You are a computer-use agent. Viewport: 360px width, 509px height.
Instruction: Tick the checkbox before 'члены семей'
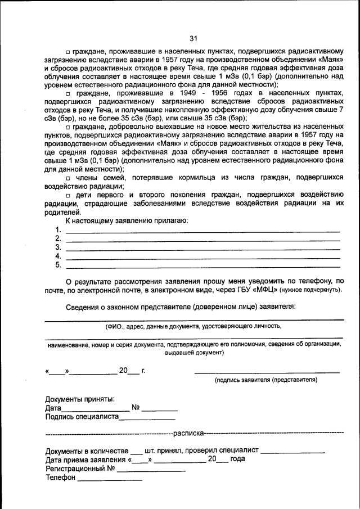67,178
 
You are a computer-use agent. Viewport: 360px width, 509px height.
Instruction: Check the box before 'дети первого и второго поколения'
67,195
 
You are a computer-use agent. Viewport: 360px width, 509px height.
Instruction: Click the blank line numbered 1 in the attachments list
202,231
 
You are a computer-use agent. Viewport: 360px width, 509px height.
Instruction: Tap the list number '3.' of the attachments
58,247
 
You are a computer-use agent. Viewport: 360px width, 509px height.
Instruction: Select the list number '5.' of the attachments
58,265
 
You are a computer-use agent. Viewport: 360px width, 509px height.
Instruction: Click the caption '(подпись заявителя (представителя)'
265,380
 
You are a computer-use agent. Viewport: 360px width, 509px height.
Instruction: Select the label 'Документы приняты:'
79,399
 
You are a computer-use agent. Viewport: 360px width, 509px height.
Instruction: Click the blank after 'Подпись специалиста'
147,418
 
